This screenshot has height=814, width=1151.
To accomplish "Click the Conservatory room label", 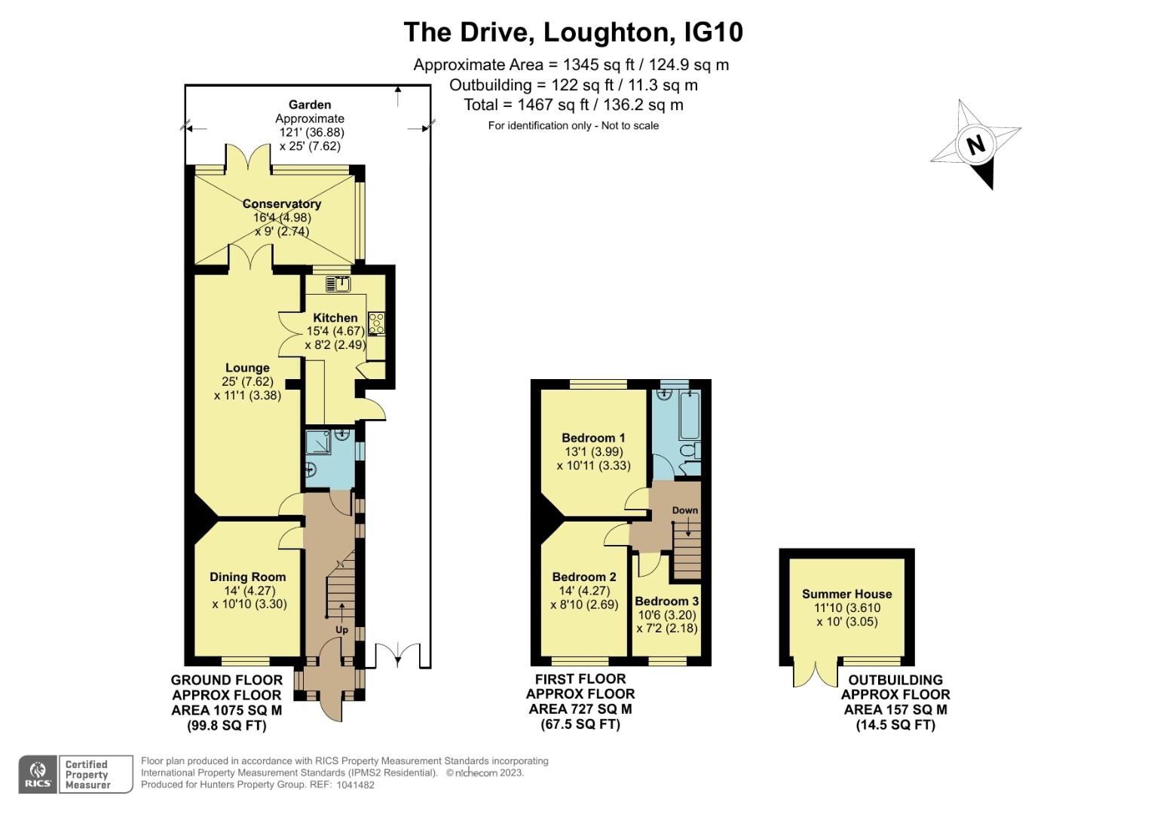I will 281,204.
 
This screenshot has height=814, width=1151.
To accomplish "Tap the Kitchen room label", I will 335,318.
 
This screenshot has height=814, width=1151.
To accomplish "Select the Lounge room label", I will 247,369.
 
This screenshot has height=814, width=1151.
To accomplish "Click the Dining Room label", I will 247,577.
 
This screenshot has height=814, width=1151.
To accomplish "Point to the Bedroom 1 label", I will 593,438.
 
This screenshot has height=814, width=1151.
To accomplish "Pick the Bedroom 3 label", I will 666,601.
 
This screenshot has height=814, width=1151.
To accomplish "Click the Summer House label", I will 846,594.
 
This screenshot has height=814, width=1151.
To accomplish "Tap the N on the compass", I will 975,144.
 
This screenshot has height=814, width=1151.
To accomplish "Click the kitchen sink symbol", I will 338,284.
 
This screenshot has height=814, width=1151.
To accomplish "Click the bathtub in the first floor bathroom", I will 690,415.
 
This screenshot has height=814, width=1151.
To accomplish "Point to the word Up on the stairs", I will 341,629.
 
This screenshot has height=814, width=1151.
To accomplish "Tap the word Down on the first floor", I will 685,510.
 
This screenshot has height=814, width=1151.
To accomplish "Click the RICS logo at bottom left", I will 37,774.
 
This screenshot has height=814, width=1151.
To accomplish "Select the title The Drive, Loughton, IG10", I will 573,32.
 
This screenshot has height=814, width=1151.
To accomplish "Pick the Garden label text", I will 309,105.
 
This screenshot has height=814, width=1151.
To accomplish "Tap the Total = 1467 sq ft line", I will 573,105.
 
